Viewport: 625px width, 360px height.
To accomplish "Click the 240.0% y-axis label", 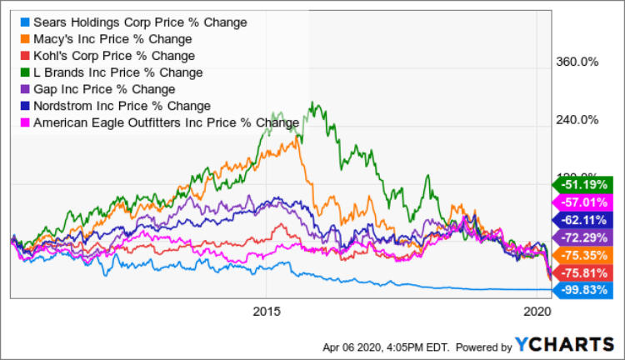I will [x=577, y=119].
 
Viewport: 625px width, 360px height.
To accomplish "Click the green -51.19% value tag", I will [x=581, y=183].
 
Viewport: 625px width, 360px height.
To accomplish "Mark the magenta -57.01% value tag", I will [x=581, y=202].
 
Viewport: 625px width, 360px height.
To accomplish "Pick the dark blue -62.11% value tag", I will [x=581, y=219].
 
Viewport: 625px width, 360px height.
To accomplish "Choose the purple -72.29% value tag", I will [x=581, y=237].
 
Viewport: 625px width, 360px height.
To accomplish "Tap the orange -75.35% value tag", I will [x=581, y=255].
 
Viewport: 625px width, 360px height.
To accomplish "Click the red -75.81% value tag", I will [x=581, y=272].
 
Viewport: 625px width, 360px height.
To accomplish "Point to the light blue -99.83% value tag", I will [x=581, y=290].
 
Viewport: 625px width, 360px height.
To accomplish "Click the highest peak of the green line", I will [x=312, y=102].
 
